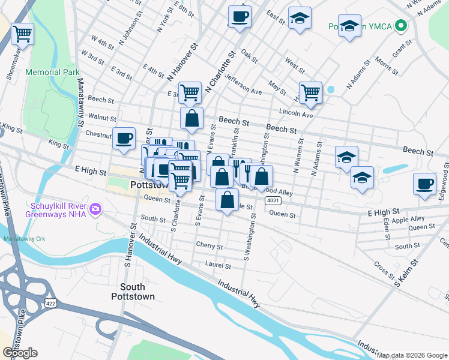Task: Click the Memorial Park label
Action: click(53, 72)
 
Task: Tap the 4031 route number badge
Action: click(273, 200)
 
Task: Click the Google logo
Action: click(20, 353)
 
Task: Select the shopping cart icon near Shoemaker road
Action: click(23, 34)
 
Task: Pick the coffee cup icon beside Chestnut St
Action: click(124, 139)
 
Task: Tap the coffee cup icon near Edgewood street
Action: click(424, 183)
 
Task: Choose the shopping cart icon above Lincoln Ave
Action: click(310, 92)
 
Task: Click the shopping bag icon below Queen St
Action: click(227, 200)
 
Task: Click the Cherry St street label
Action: click(209, 246)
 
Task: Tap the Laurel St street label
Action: click(218, 265)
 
